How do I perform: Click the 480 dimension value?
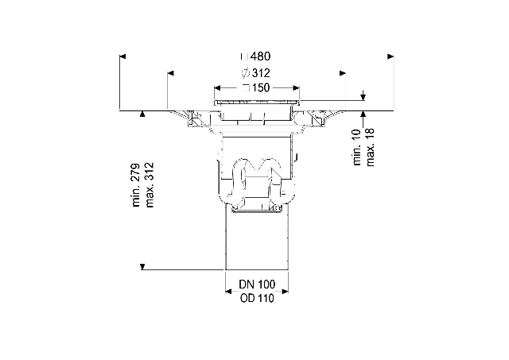pos(260,56)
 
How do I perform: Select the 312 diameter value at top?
pos(261,73)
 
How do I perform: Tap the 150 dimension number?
pos(260,87)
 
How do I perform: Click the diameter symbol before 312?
pos(246,73)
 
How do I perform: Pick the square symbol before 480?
pos(245,56)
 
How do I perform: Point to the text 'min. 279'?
pos(136,185)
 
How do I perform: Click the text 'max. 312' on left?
pos(150,185)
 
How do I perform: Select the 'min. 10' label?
pos(357,147)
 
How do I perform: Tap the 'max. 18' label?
pos(371,147)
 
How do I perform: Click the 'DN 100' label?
pos(257,285)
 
